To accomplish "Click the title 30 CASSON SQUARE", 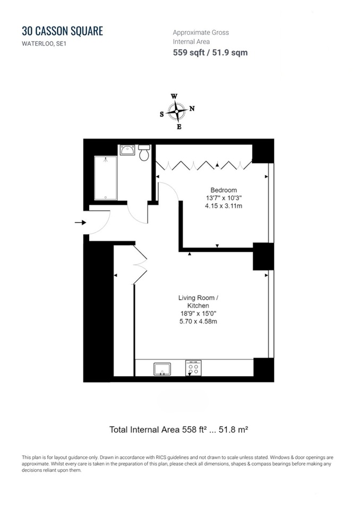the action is click(x=63, y=31).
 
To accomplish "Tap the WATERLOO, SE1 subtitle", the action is click(x=44, y=44).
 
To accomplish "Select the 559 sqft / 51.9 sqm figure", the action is click(x=210, y=53).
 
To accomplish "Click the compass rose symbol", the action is click(x=176, y=112).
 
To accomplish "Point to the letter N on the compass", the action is click(x=192, y=108).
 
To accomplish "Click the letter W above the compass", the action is click(x=174, y=96).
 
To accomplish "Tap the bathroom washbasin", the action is click(x=127, y=150).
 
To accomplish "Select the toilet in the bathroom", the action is click(x=144, y=153).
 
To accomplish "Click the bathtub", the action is click(x=105, y=178).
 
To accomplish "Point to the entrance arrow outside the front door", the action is click(x=80, y=223).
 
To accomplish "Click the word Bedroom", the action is click(x=224, y=190).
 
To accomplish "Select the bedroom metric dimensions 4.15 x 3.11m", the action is click(x=224, y=206).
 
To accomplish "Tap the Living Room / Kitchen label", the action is click(x=199, y=302).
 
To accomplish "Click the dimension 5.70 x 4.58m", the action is click(x=198, y=321).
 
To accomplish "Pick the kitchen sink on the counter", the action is click(x=162, y=369).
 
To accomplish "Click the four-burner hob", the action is click(x=193, y=368).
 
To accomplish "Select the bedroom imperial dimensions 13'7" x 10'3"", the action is click(x=224, y=198).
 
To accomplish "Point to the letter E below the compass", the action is click(x=179, y=127).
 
